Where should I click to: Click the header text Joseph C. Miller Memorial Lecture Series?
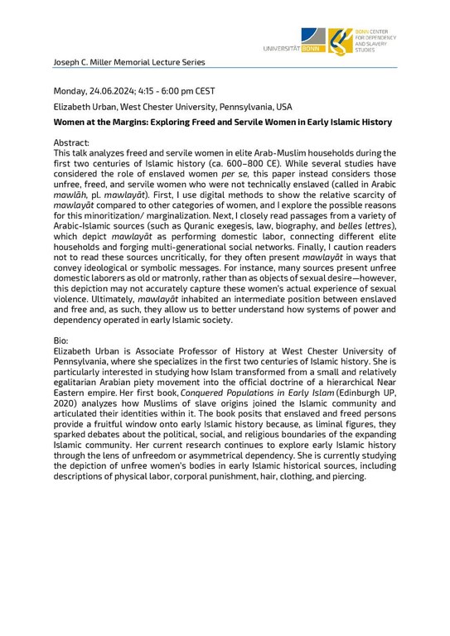[x=128, y=62]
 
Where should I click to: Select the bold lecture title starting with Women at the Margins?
[x=223, y=122]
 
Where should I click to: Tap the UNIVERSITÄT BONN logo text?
[x=293, y=50]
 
